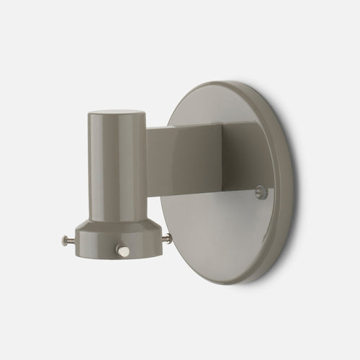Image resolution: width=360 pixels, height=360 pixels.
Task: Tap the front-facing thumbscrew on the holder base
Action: [x=122, y=251]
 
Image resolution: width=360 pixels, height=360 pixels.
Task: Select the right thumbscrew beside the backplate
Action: [x=167, y=237]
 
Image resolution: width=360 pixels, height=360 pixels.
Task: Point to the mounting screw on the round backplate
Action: [x=261, y=192]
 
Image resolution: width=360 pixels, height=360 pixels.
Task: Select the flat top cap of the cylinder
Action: [x=118, y=114]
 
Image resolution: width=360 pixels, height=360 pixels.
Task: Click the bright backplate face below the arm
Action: [x=216, y=230]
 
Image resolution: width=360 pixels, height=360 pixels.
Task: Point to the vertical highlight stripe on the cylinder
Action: [x=133, y=166]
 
